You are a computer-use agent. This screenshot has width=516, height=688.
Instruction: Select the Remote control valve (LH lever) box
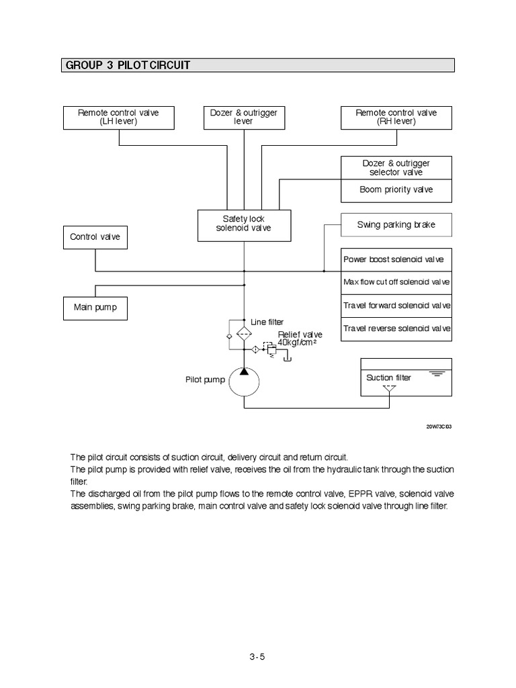click(118, 117)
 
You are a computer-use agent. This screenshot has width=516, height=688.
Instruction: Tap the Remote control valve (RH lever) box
click(396, 117)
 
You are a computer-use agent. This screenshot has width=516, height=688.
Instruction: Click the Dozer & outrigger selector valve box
click(396, 168)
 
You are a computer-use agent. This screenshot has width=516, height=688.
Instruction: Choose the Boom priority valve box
click(396, 190)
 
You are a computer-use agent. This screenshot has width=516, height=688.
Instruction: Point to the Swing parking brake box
click(396, 225)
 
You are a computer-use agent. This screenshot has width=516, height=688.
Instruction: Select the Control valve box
click(95, 237)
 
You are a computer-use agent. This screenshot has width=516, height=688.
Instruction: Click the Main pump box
click(95, 308)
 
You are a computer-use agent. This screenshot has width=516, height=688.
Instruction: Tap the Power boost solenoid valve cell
click(396, 259)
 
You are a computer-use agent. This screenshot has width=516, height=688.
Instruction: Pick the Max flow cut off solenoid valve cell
click(396, 282)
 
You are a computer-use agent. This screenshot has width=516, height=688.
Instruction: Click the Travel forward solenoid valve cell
click(396, 306)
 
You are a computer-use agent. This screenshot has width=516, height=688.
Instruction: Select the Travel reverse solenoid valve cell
click(396, 329)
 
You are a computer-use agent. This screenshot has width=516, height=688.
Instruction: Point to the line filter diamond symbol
click(245, 333)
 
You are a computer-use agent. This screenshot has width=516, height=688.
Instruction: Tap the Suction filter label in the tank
click(388, 378)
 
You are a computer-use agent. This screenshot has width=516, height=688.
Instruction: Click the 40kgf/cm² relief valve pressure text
click(296, 343)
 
